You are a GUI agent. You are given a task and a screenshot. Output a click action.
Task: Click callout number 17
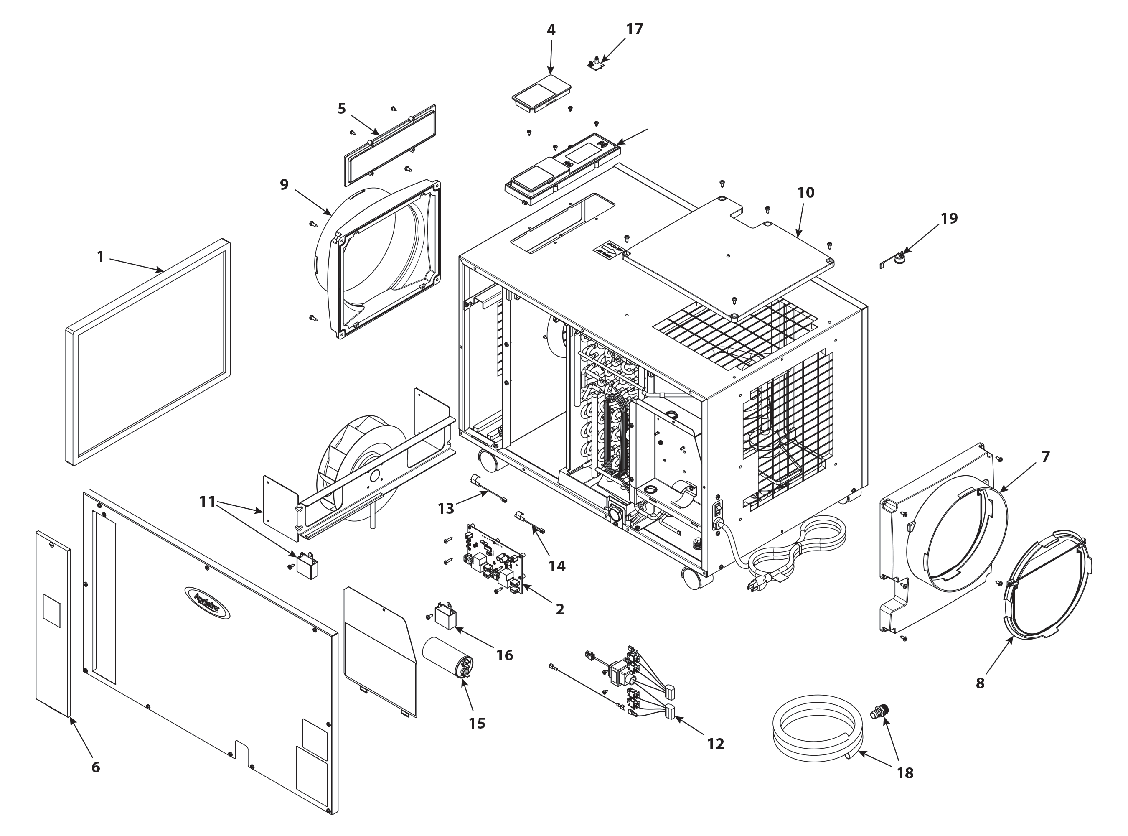(634, 29)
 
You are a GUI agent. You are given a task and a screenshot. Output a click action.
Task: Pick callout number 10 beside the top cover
(806, 193)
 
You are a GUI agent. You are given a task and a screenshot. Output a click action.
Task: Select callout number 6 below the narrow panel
(96, 767)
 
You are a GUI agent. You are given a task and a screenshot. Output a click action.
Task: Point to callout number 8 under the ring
(980, 683)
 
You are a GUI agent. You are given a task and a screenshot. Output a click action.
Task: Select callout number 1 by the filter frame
(100, 257)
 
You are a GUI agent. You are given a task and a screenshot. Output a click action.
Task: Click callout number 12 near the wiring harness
(715, 743)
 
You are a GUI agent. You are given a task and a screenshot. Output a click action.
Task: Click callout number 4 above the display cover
(551, 30)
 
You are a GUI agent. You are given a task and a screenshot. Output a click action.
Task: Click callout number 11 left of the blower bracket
(207, 502)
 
